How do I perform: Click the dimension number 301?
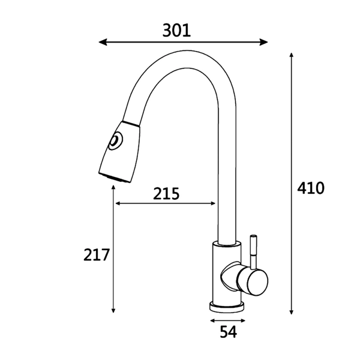pos(176,31)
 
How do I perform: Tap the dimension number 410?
pos(311,188)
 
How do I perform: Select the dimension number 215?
pos(166,194)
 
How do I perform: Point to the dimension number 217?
pos(96,255)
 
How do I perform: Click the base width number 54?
pos(228,332)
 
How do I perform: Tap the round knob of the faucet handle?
pos(253,282)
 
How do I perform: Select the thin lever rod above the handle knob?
pos(253,252)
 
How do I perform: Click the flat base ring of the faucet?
pos(227,307)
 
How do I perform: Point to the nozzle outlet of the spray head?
pos(115,179)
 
